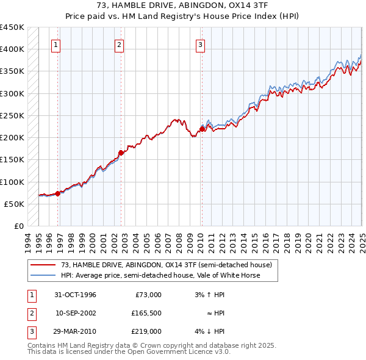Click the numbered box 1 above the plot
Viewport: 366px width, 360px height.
pyautogui.click(x=56, y=44)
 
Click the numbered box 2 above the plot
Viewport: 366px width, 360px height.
pyautogui.click(x=119, y=44)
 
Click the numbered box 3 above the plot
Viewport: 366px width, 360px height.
pyautogui.click(x=200, y=44)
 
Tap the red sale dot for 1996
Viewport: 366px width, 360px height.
pyautogui.click(x=58, y=193)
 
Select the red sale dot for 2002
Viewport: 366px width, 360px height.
pyautogui.click(x=121, y=153)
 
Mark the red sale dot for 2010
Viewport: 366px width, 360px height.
pyautogui.click(x=202, y=129)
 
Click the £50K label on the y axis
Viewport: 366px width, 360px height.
pyautogui.click(x=15, y=204)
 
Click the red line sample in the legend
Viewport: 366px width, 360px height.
pyautogui.click(x=43, y=265)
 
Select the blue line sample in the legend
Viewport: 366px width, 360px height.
pyautogui.click(x=43, y=275)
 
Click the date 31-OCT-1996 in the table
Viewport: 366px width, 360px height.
pyautogui.click(x=75, y=295)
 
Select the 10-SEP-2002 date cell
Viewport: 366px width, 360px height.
pyautogui.click(x=75, y=313)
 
